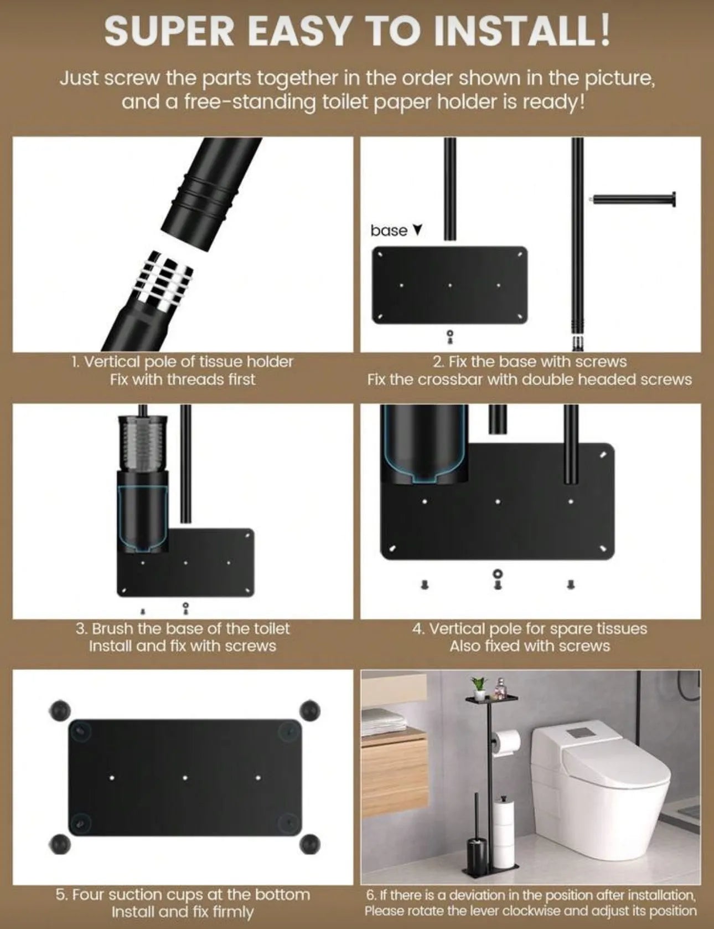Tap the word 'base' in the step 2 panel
click(x=389, y=230)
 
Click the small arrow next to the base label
click(x=417, y=229)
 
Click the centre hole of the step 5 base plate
click(x=185, y=778)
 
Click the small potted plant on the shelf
click(x=477, y=684)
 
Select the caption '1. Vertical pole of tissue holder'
click(x=182, y=362)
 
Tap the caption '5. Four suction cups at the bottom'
click(x=182, y=895)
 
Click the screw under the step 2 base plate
click(x=449, y=336)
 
